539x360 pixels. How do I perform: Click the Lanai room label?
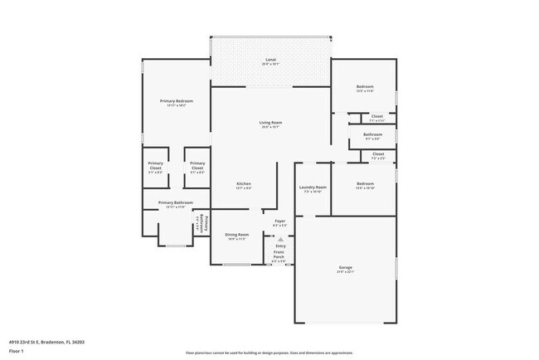pos(270,61)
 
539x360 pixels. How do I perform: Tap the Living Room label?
pos(270,123)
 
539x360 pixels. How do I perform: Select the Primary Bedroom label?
pos(176,101)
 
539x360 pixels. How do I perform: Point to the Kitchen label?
pos(244,183)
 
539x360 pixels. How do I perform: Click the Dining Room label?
pos(238,235)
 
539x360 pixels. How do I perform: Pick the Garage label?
pos(345,267)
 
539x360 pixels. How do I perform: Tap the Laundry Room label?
pos(313,187)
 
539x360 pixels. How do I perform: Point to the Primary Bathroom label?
pos(176,203)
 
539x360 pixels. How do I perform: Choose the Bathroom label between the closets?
pos(372,134)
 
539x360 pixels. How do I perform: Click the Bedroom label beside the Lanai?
pos(365,86)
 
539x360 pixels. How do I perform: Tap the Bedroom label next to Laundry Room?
pos(365,183)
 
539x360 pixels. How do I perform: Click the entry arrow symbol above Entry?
pos(279,239)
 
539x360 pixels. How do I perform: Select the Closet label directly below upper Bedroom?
pos(377,116)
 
